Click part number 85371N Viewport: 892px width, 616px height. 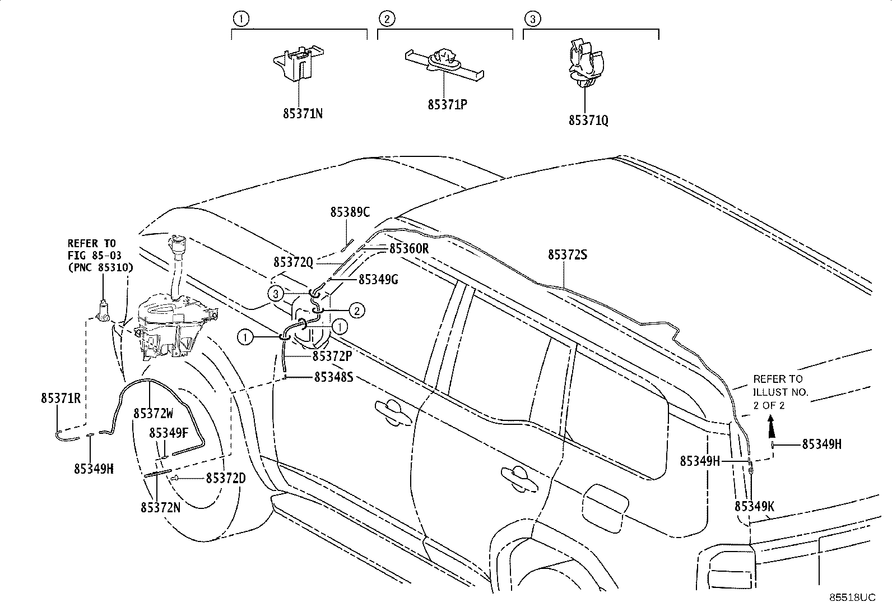pyautogui.click(x=303, y=114)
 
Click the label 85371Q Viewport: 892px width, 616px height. pyautogui.click(x=588, y=121)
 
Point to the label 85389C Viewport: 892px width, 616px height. pyautogui.click(x=350, y=212)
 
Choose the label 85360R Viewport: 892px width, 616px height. pyautogui.click(x=409, y=248)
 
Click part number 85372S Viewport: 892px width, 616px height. pyautogui.click(x=568, y=255)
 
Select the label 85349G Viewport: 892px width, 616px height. pyautogui.click(x=378, y=279)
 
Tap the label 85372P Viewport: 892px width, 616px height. pyautogui.click(x=332, y=356)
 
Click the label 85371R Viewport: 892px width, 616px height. pyautogui.click(x=61, y=398)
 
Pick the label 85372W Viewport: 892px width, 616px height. pyautogui.click(x=153, y=413)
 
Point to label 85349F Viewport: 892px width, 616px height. pyautogui.click(x=169, y=433)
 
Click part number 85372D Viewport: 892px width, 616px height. pyautogui.click(x=226, y=478)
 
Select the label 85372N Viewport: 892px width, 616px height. pyautogui.click(x=160, y=507)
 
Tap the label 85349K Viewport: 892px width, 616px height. pyautogui.click(x=754, y=507)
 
